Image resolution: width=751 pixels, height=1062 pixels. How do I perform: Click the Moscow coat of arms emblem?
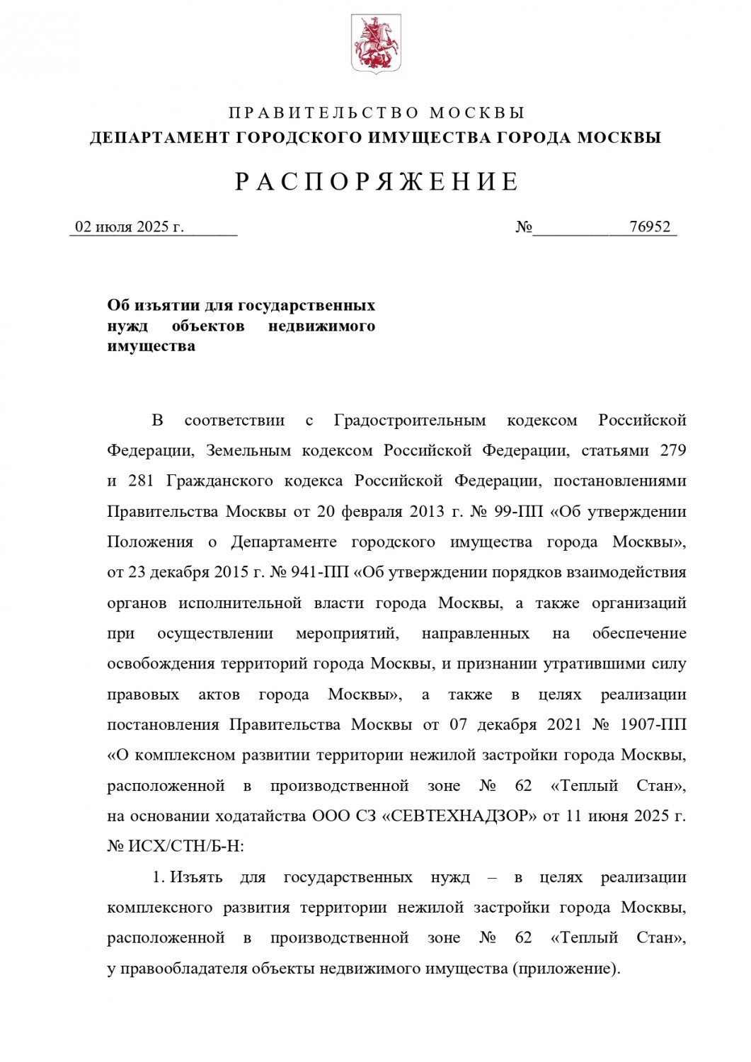tap(376, 45)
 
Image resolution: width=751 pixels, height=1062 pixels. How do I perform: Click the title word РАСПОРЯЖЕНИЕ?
tap(377, 182)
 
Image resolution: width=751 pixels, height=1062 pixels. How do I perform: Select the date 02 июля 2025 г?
tap(130, 227)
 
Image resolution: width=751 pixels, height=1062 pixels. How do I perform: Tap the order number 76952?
tap(649, 227)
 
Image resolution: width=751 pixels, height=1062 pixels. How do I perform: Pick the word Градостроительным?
tap(410, 420)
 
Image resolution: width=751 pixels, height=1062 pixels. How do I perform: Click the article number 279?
tap(672, 450)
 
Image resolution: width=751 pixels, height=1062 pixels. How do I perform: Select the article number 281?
tap(142, 481)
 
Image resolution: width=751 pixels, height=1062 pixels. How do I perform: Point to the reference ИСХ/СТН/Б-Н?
tap(185, 846)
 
